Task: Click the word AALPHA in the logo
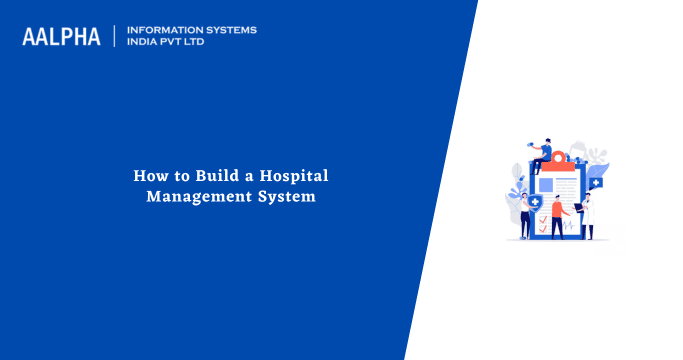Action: [x=61, y=36]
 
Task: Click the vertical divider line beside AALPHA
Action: [x=114, y=36]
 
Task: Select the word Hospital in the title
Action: [x=291, y=176]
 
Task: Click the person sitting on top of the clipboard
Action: [x=542, y=157]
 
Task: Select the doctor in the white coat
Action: [x=589, y=215]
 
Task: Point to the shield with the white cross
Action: [x=536, y=202]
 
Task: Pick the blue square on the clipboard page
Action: [x=546, y=185]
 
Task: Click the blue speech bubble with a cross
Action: [x=596, y=183]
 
